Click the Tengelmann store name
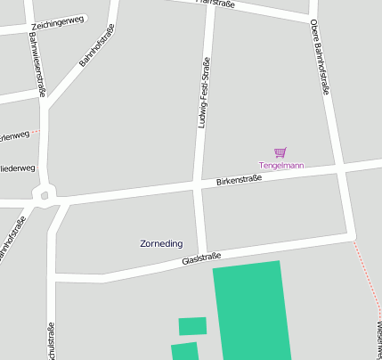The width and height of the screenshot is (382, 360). click(281, 166)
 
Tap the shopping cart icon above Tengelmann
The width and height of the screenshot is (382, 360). click(280, 152)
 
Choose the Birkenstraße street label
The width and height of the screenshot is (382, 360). click(239, 180)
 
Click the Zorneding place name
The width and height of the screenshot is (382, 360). click(162, 243)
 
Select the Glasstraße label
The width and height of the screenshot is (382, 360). click(201, 258)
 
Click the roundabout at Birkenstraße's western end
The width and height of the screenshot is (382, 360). click(43, 192)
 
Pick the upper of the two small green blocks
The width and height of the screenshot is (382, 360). click(192, 326)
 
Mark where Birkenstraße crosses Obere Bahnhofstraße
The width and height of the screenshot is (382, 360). click(340, 167)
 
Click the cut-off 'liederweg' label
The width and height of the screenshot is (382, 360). click(18, 168)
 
